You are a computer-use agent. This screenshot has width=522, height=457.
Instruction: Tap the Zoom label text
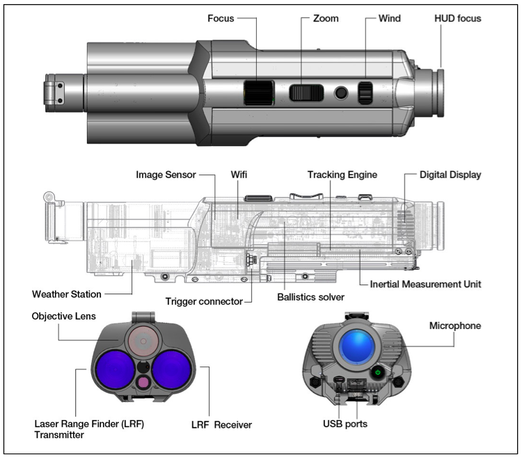click(x=326, y=19)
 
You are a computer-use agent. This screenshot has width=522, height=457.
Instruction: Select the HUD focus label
click(x=457, y=19)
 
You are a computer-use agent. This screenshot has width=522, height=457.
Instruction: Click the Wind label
click(x=389, y=19)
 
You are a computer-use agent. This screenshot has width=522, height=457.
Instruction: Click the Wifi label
click(x=239, y=175)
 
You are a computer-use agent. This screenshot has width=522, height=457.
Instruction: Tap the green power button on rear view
click(x=377, y=371)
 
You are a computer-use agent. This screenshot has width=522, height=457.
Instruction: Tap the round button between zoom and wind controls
click(x=341, y=93)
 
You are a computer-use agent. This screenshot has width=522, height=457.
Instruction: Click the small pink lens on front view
click(x=143, y=381)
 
